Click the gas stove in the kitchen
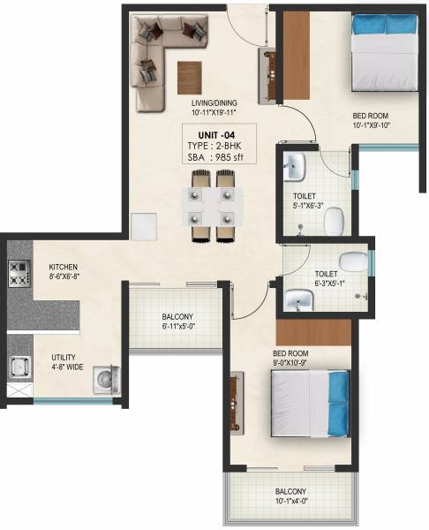tap(18, 275)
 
